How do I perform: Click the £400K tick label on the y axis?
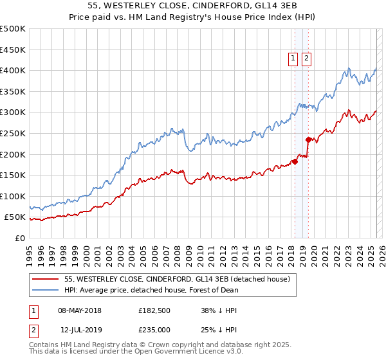pos(13,70)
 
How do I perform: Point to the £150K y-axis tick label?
pos(13,175)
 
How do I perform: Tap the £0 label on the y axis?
pos(19,238)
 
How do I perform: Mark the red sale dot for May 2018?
pos(295,161)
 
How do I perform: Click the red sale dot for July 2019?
pos(308,139)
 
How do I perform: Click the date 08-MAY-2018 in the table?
pos(80,310)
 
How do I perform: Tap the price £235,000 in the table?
pos(154,329)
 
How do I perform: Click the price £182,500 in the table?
pos(154,310)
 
